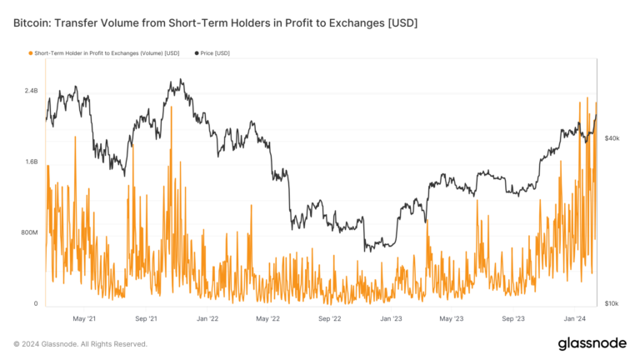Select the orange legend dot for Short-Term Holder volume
[31, 53]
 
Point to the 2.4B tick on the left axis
[31, 91]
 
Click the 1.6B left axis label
[31, 162]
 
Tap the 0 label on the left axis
[36, 303]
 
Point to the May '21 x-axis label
[85, 318]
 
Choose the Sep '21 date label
[148, 318]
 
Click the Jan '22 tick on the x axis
[207, 318]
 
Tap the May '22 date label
[268, 318]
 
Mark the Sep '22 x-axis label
[330, 318]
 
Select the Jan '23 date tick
[392, 318]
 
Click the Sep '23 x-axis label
[514, 318]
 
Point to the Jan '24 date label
[575, 318]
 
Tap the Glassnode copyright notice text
[80, 343]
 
